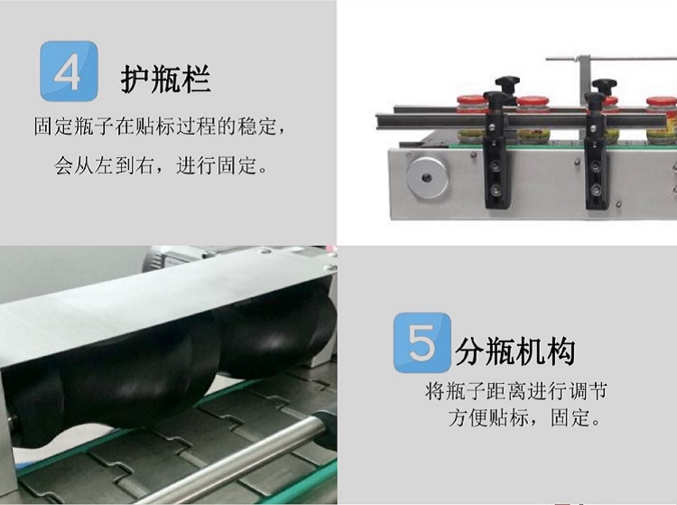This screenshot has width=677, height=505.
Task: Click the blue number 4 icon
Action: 69,70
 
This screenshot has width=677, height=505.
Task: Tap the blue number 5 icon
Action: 422,342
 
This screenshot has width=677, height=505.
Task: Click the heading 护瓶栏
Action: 165,79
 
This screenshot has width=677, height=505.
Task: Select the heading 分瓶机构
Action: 515,351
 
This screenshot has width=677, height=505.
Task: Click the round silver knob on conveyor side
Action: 427,177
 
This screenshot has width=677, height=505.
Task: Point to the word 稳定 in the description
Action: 256,126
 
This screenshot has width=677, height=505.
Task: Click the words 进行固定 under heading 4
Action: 216,165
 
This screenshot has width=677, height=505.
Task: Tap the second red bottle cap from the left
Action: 533,103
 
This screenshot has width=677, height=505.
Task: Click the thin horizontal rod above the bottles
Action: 611,59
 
